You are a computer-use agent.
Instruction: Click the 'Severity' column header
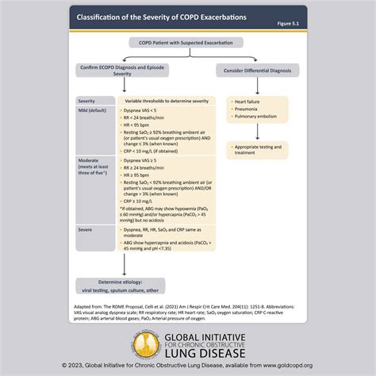click(86, 102)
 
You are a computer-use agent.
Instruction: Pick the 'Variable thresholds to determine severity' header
click(161, 102)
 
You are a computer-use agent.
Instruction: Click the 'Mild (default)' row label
click(94, 111)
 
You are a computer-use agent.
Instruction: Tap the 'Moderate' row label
click(89, 161)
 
